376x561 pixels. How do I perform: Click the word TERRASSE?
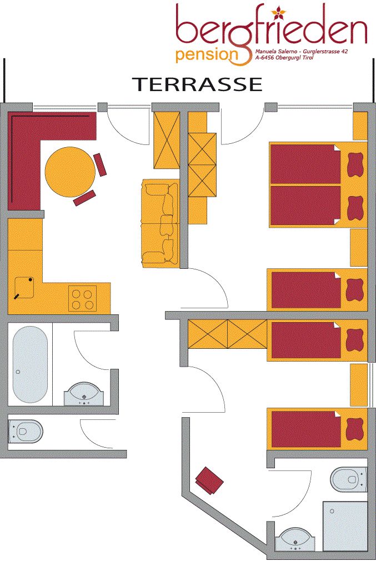coord(198,84)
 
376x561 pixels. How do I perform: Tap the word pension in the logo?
coord(207,56)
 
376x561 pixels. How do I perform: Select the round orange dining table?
coord(71,172)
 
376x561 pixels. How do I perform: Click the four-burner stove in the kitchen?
coord(83,299)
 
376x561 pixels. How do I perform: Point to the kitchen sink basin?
coord(24,287)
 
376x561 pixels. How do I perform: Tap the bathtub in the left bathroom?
coord(30,364)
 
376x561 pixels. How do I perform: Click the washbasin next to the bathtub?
coord(84,394)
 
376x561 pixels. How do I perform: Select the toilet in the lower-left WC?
coord(26,431)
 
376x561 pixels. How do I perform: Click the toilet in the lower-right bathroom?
coord(349,479)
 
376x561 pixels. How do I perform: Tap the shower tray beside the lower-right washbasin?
coord(345,526)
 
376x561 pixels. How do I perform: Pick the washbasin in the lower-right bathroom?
coord(297,540)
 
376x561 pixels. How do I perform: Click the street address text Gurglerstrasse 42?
coord(323,52)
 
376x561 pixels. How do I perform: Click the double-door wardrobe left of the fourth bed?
coord(228,334)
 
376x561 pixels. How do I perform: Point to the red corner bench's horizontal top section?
coord(52,126)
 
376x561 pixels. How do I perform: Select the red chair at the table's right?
coord(100,164)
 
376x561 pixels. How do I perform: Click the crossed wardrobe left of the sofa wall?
coord(167,140)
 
